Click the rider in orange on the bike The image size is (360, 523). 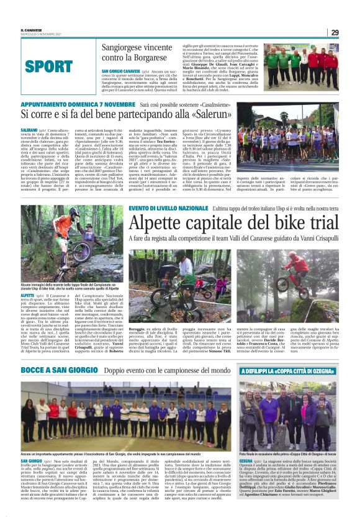(x=63, y=227)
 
